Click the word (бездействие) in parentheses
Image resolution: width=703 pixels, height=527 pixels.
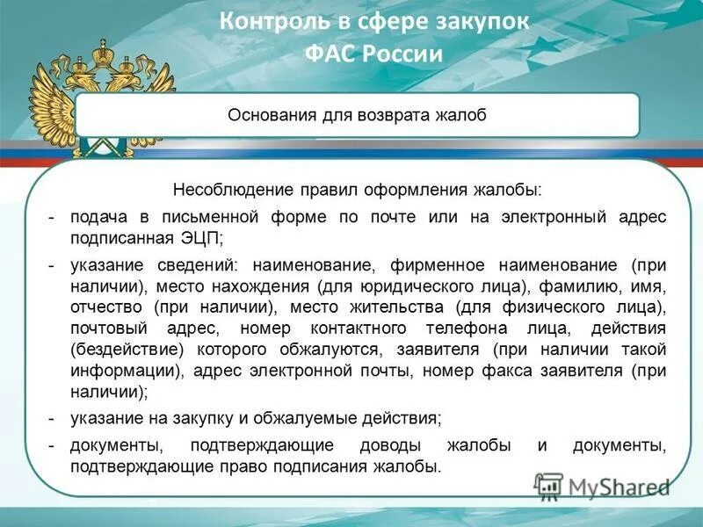(124, 350)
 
